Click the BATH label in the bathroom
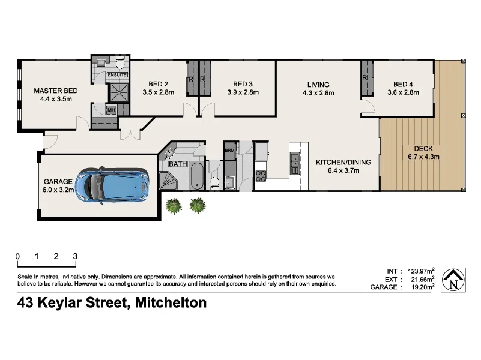(x=177, y=164)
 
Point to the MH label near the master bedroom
(x=111, y=110)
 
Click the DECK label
(x=424, y=148)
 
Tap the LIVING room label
(x=318, y=84)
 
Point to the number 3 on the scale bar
(x=75, y=256)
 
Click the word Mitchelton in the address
(x=171, y=303)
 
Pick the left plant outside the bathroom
(x=174, y=206)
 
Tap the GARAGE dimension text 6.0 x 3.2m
(x=59, y=190)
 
